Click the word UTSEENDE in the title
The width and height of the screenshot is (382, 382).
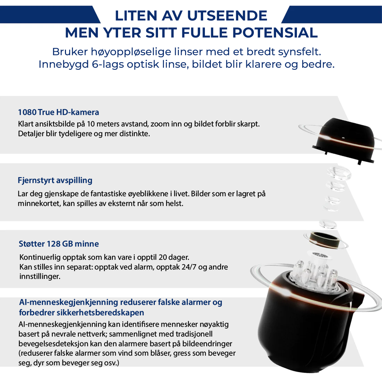point(227,16)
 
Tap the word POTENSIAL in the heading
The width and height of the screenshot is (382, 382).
point(275,33)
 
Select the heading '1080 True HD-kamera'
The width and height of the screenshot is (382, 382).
point(58,112)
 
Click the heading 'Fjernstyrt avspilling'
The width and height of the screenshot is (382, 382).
point(55,180)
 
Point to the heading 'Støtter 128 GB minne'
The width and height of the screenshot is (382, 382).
point(59,244)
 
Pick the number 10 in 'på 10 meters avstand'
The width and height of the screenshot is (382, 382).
point(91,124)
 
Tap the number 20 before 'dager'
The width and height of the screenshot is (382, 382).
point(163,257)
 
